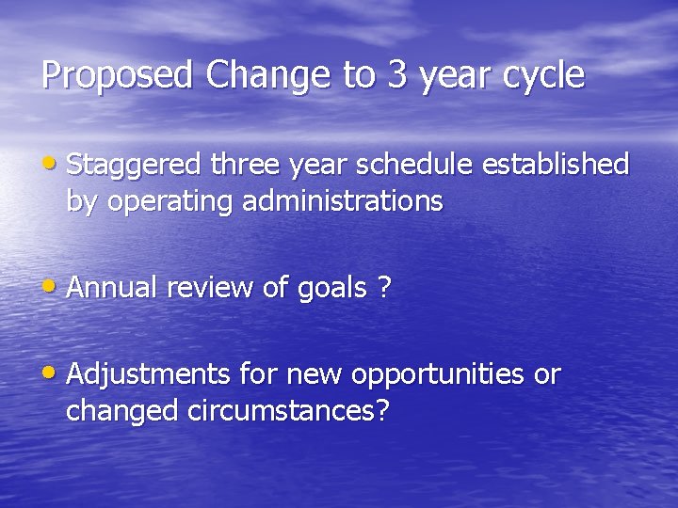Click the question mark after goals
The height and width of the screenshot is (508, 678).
[x=383, y=288]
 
